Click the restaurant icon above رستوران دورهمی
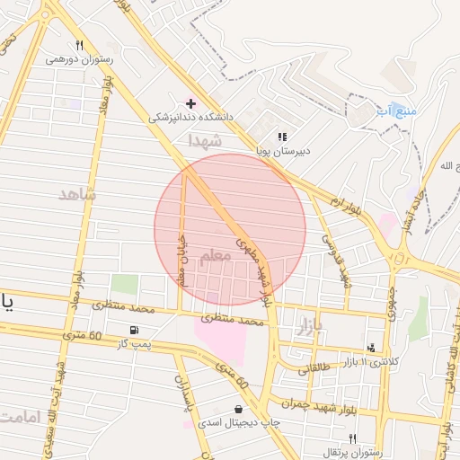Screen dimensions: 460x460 click(x=80, y=45)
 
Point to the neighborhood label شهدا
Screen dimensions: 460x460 click(x=204, y=140)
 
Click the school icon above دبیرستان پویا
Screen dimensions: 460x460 click(x=282, y=137)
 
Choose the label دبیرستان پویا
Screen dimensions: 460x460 click(x=283, y=151)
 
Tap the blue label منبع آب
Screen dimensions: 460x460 click(x=396, y=111)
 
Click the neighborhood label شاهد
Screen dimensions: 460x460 click(x=76, y=194)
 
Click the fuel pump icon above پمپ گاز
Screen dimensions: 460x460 click(x=135, y=330)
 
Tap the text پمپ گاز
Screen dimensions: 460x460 click(x=139, y=344)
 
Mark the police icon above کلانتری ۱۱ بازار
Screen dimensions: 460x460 click(x=371, y=347)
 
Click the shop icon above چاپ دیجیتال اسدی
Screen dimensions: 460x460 click(x=237, y=409)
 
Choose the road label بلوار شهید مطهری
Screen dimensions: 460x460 click(x=252, y=267)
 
